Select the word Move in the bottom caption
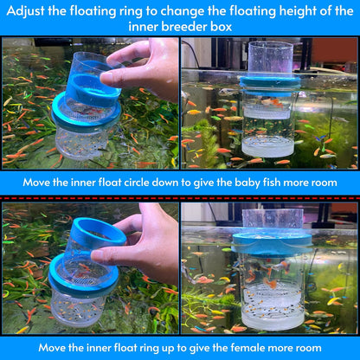(x=55, y=347)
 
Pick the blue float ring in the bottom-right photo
(x=272, y=242)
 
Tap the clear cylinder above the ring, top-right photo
(x=271, y=57)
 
